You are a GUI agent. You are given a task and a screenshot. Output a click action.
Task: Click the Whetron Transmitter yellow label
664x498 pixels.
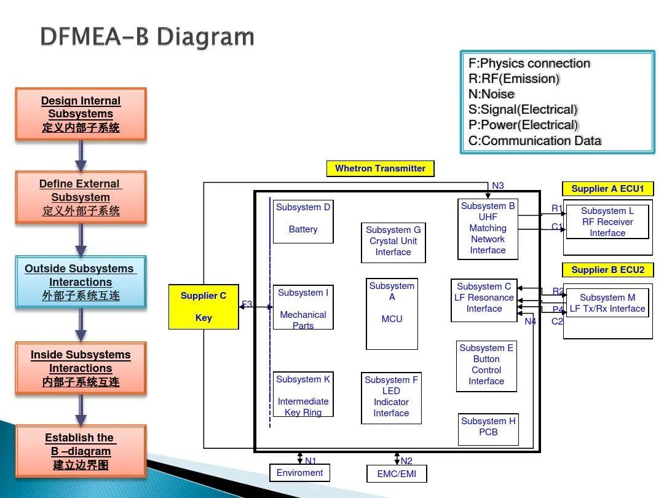tap(380, 168)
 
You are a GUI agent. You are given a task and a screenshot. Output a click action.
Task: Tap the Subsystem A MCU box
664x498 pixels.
tap(392, 314)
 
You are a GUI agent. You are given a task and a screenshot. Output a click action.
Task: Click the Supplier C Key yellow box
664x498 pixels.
tap(204, 307)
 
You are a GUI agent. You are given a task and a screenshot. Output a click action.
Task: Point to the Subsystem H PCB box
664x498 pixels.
tap(488, 429)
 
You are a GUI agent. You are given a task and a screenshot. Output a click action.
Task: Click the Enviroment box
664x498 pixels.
tap(299, 473)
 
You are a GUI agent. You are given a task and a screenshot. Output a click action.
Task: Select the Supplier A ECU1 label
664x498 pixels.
tap(607, 189)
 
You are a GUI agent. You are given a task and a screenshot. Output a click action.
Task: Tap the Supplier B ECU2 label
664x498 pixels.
tap(607, 270)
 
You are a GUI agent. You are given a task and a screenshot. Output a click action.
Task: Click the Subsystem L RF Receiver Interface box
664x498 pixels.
tap(607, 222)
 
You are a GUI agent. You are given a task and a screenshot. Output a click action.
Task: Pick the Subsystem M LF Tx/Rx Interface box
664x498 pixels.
tap(607, 303)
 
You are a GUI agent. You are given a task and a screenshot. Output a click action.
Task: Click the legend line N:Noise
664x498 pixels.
tap(491, 94)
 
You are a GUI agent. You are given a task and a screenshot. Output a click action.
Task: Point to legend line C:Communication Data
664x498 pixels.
tap(534, 141)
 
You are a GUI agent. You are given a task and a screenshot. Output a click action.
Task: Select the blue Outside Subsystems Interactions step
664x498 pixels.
tap(81, 282)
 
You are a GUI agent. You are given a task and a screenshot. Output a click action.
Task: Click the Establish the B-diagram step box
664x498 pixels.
tap(81, 451)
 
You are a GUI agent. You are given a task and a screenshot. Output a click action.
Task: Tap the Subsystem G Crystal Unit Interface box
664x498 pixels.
tap(393, 242)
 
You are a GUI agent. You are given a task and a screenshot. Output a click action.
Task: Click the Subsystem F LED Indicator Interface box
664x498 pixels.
tap(391, 397)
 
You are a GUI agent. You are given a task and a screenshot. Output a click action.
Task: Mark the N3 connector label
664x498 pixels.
tap(498, 186)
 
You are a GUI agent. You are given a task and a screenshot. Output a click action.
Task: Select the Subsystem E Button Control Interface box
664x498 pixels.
tap(486, 365)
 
